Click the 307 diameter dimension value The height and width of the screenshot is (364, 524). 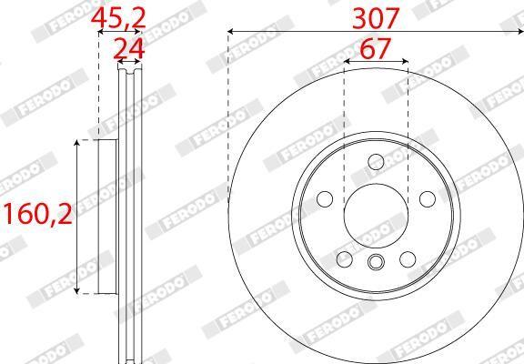tap(376, 18)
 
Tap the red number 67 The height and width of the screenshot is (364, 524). tap(376, 48)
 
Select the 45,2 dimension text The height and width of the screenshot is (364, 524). tap(118, 18)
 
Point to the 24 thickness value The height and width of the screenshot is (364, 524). tap(128, 49)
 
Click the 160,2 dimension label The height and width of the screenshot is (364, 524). tap(37, 214)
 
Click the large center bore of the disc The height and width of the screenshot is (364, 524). tap(376, 216)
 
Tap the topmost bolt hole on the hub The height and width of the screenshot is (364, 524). tap(376, 162)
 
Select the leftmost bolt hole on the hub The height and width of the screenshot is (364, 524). tap(325, 199)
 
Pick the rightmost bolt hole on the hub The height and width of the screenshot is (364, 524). tap(428, 199)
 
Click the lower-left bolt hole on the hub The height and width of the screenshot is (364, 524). tap(345, 259)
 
